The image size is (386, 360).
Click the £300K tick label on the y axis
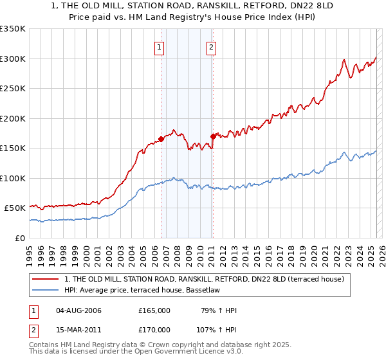(x=12, y=59)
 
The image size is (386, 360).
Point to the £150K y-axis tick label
(x=12, y=148)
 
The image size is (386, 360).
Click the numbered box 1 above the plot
(x=159, y=46)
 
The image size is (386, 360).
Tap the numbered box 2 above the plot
(x=211, y=46)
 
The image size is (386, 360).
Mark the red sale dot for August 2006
(x=161, y=139)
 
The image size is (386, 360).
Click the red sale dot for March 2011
(x=213, y=136)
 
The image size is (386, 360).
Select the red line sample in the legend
(x=46, y=279)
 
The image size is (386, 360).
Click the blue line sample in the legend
(x=46, y=290)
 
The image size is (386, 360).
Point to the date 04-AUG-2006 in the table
(x=78, y=311)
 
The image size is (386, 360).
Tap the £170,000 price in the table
(x=154, y=329)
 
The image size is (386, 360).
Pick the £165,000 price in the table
(x=154, y=311)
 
